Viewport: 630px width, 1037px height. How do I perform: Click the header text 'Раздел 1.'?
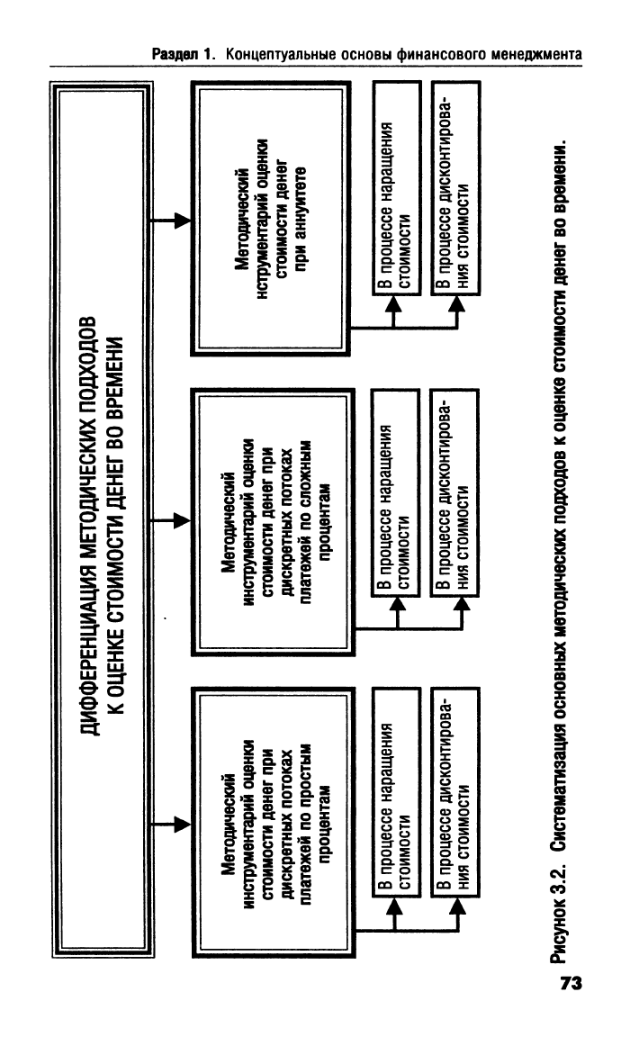184,54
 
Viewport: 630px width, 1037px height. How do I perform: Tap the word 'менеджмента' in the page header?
536,54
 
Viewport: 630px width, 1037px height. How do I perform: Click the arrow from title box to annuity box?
172,221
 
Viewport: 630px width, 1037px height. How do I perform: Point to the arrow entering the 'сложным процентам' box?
172,520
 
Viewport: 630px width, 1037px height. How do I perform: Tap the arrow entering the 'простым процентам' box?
172,825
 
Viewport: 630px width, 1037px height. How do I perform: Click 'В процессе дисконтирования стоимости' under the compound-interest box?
454,493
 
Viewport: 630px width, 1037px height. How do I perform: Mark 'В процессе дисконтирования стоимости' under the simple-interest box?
454,792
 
